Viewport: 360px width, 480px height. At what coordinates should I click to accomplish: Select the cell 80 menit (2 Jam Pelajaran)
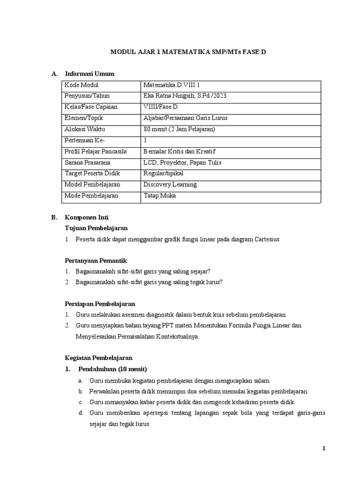click(179, 129)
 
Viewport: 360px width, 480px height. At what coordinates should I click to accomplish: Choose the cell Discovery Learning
click(170, 185)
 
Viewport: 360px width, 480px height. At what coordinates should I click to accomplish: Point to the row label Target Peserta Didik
click(92, 173)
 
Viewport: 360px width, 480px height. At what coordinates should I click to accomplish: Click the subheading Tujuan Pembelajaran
click(96, 228)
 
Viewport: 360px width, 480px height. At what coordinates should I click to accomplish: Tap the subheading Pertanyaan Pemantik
click(96, 260)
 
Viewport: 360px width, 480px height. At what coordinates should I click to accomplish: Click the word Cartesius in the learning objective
click(267, 239)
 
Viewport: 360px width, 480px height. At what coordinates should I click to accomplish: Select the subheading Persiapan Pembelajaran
click(99, 304)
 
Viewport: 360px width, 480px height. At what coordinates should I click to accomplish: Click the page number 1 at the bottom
click(323, 448)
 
